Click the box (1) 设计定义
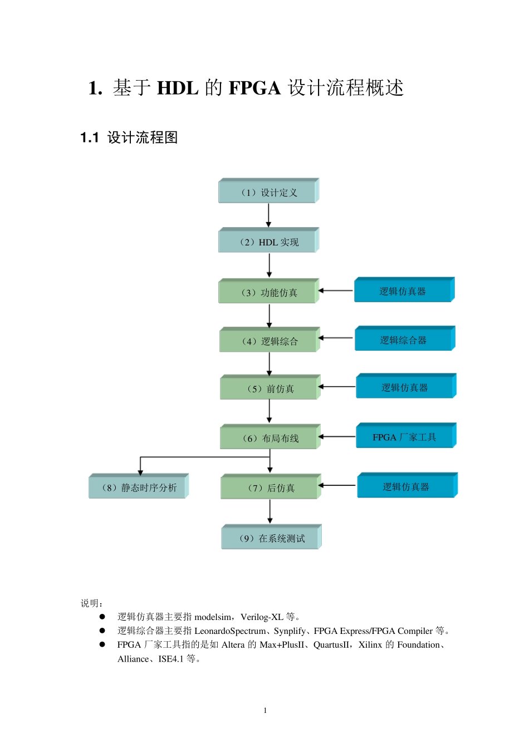point(268,192)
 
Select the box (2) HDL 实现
point(268,242)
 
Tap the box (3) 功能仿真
point(269,292)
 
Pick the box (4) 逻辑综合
point(270,341)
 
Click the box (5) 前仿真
point(270,388)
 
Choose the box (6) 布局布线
point(270,438)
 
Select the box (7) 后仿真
point(271,488)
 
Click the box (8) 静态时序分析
point(139,487)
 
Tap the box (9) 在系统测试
point(271,538)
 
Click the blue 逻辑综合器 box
point(405,339)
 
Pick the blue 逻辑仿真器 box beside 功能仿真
point(404,291)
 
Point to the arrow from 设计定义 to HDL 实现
point(268,215)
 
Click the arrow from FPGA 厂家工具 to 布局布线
point(337,437)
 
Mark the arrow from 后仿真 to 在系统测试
point(270,511)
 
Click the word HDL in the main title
point(177,88)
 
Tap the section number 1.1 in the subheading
point(90,137)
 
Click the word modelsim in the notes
point(213,617)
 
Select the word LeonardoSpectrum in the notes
point(230,631)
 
